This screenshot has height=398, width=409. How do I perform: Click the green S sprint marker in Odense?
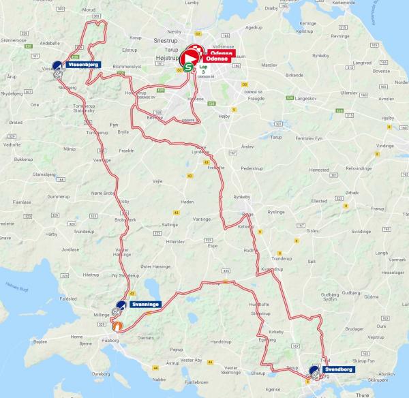(x=188, y=67)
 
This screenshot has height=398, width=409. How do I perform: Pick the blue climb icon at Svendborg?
(x=315, y=371)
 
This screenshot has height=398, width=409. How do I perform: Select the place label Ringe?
(x=247, y=213)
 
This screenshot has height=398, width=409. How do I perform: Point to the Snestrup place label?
(x=166, y=40)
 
